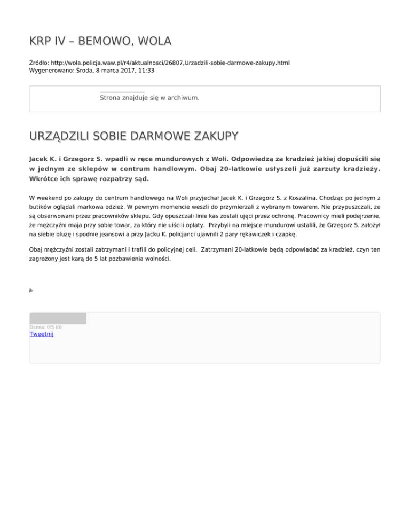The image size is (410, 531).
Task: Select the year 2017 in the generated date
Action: pos(125,70)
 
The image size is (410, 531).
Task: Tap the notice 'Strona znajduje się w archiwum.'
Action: pos(149,98)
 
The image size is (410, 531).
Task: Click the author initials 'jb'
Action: pos(31,290)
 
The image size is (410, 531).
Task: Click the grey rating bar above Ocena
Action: pos(58,318)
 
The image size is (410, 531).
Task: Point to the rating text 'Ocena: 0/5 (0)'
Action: pos(45,327)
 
